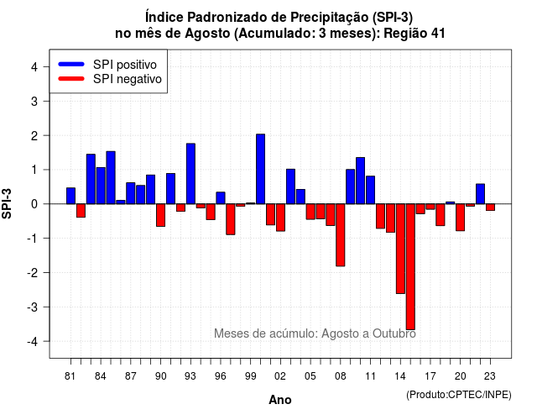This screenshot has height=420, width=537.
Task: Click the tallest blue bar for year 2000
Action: pos(260,169)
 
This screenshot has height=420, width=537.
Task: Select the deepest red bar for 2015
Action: pos(410,267)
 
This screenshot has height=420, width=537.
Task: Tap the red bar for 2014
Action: pos(400,249)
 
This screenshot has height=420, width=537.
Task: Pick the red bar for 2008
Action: pos(341,235)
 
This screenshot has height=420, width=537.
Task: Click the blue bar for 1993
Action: pos(190,174)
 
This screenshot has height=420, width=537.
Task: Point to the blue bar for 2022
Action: pos(480,194)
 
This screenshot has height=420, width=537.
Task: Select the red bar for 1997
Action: pos(231,219)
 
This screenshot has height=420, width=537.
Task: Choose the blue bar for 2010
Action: pos(360,181)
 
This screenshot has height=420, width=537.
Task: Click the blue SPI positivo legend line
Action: pos(71,64)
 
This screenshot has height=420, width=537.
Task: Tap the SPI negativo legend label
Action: pos(128,79)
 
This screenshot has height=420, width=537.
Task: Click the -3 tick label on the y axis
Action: pos(33,307)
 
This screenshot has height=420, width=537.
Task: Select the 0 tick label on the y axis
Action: pos(34,204)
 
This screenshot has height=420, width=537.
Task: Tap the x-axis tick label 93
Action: pos(190,376)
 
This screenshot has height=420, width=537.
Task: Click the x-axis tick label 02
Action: pos(280,376)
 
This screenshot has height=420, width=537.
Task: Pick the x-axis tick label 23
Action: pos(490,376)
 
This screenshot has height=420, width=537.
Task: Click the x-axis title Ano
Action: pos(280,400)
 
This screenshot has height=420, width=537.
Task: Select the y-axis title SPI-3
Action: pos(7,203)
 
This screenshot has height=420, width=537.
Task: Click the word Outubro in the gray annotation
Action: pos(394,333)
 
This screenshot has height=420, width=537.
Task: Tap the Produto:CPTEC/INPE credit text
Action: pos(459,395)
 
